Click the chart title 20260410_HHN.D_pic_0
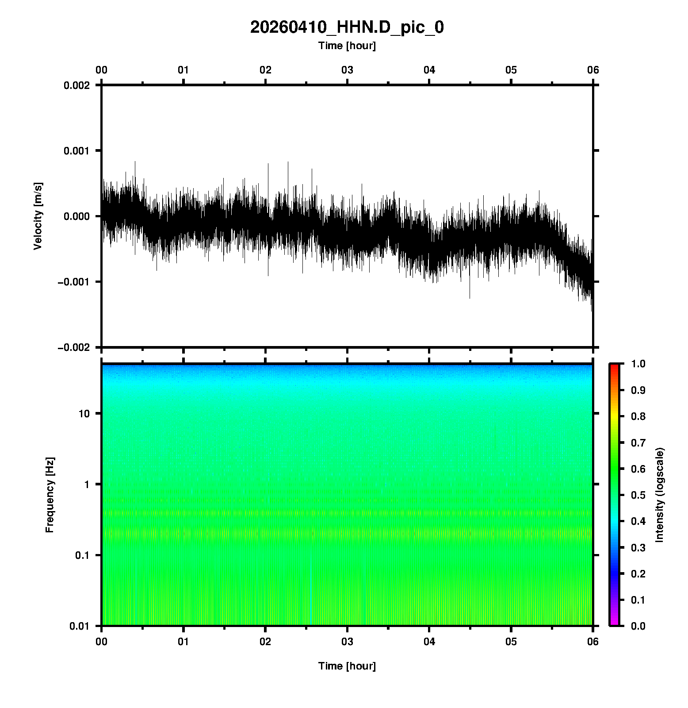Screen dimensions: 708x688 click(x=347, y=27)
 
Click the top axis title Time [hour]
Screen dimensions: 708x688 click(x=347, y=46)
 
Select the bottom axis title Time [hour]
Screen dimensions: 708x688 click(x=347, y=666)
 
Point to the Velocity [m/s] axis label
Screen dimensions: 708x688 click(x=38, y=216)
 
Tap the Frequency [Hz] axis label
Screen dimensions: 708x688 click(x=50, y=495)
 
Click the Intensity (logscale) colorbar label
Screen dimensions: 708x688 click(x=660, y=495)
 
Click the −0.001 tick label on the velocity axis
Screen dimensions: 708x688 click(x=74, y=282)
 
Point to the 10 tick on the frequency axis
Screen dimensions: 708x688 click(x=84, y=414)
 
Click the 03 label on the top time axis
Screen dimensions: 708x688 click(x=347, y=70)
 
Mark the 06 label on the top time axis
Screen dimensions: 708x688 click(x=593, y=70)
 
